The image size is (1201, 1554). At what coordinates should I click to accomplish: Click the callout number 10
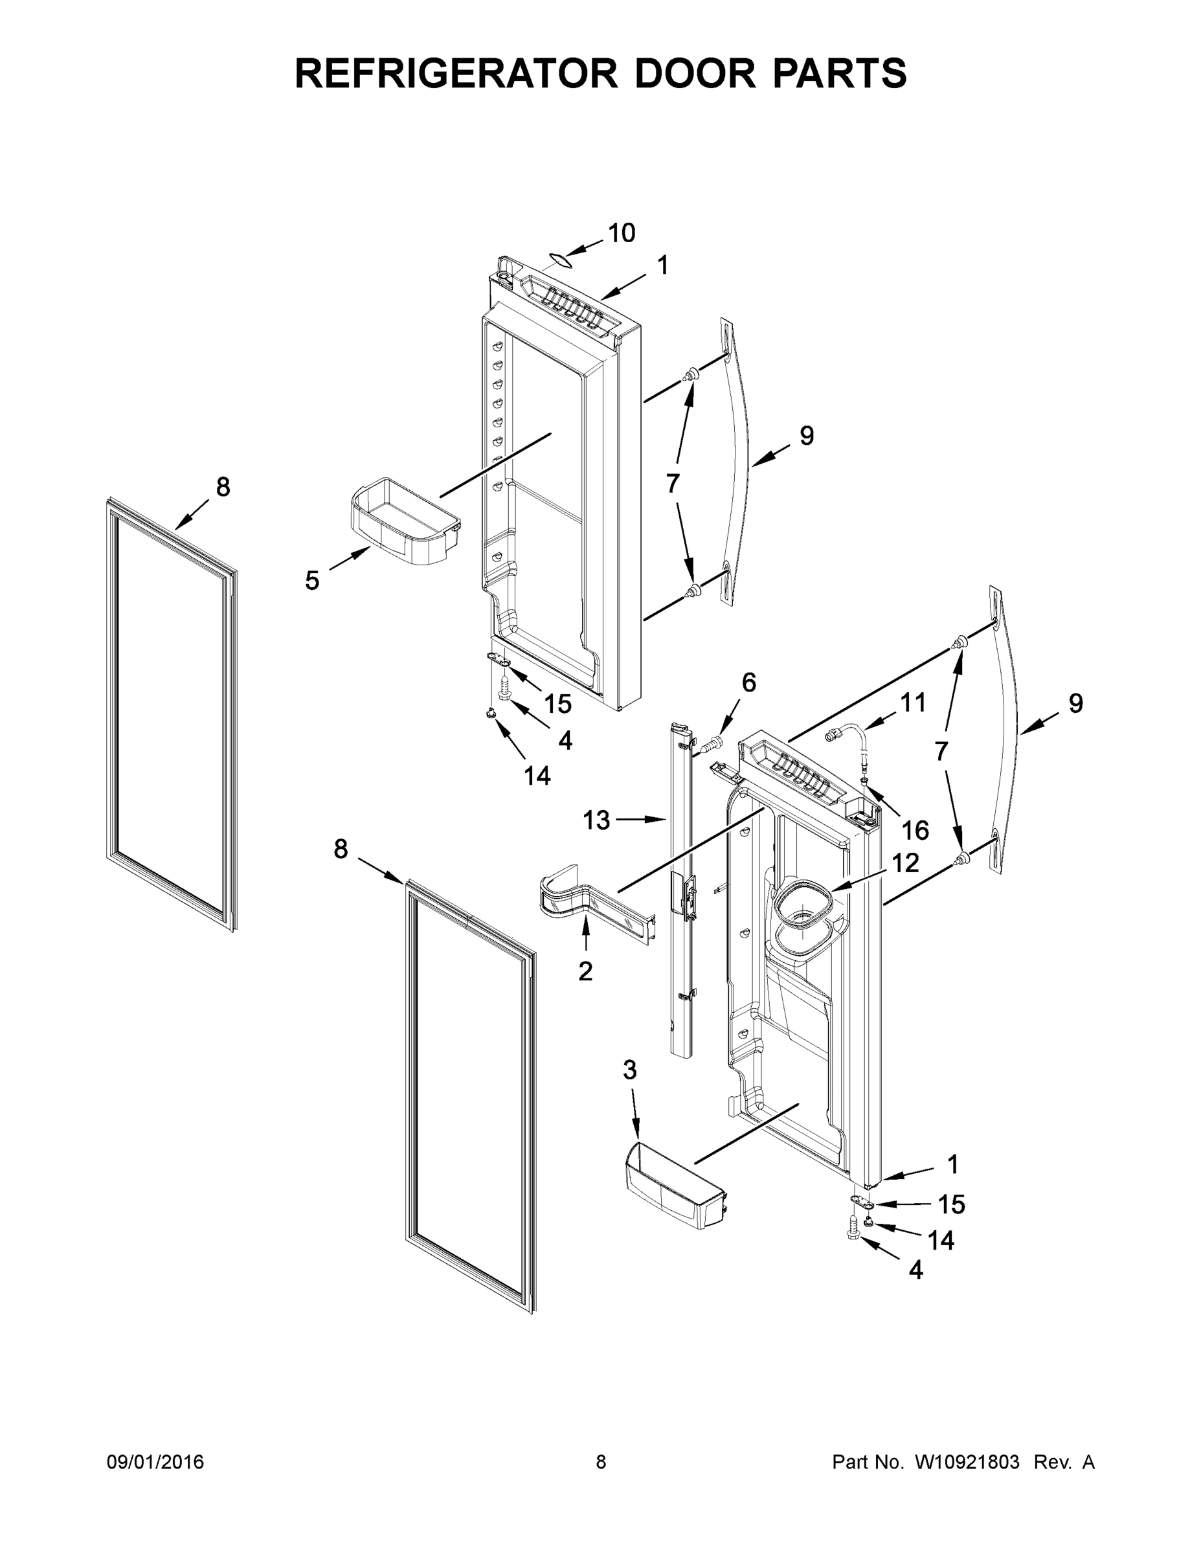point(621,232)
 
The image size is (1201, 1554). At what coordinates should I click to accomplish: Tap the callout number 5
point(312,581)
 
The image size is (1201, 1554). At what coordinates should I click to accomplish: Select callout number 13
point(596,820)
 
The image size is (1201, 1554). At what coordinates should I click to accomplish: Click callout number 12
point(905,863)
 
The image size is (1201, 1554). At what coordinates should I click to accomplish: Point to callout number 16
point(915,829)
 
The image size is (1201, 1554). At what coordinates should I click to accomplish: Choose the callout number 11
point(913,703)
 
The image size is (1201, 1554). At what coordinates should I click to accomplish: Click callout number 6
point(749,682)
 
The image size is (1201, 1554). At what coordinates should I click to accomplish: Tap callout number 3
point(630,1070)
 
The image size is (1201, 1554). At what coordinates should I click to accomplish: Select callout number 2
point(585,971)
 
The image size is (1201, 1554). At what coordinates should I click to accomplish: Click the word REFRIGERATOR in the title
point(455,73)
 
